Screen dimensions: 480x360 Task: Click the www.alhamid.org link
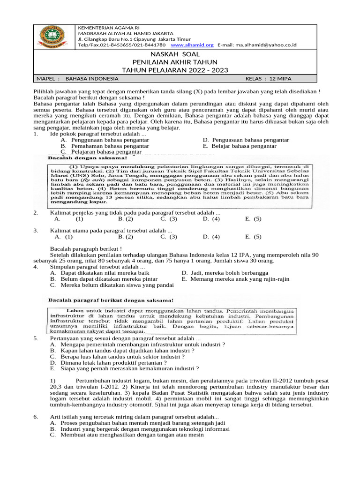[192, 45]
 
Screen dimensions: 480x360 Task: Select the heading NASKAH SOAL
[175, 55]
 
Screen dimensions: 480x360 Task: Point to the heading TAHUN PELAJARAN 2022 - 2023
[175, 70]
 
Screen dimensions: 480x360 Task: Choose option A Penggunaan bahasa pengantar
[101, 140]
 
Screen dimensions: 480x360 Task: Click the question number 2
[36, 213]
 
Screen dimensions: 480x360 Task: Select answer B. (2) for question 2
[126, 218]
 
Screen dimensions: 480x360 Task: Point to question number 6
[36, 417]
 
